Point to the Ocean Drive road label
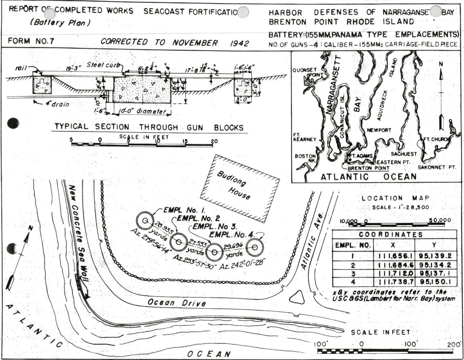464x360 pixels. click(177, 303)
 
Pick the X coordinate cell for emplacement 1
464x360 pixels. click(394, 256)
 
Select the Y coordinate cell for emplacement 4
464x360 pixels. click(435, 282)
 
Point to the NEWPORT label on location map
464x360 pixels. click(379, 130)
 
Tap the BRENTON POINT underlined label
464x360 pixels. click(368, 168)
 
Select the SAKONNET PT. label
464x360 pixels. click(436, 167)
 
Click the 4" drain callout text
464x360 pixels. click(55, 104)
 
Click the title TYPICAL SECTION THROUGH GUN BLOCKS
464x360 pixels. click(149, 127)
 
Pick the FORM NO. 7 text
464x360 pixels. click(31, 41)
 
